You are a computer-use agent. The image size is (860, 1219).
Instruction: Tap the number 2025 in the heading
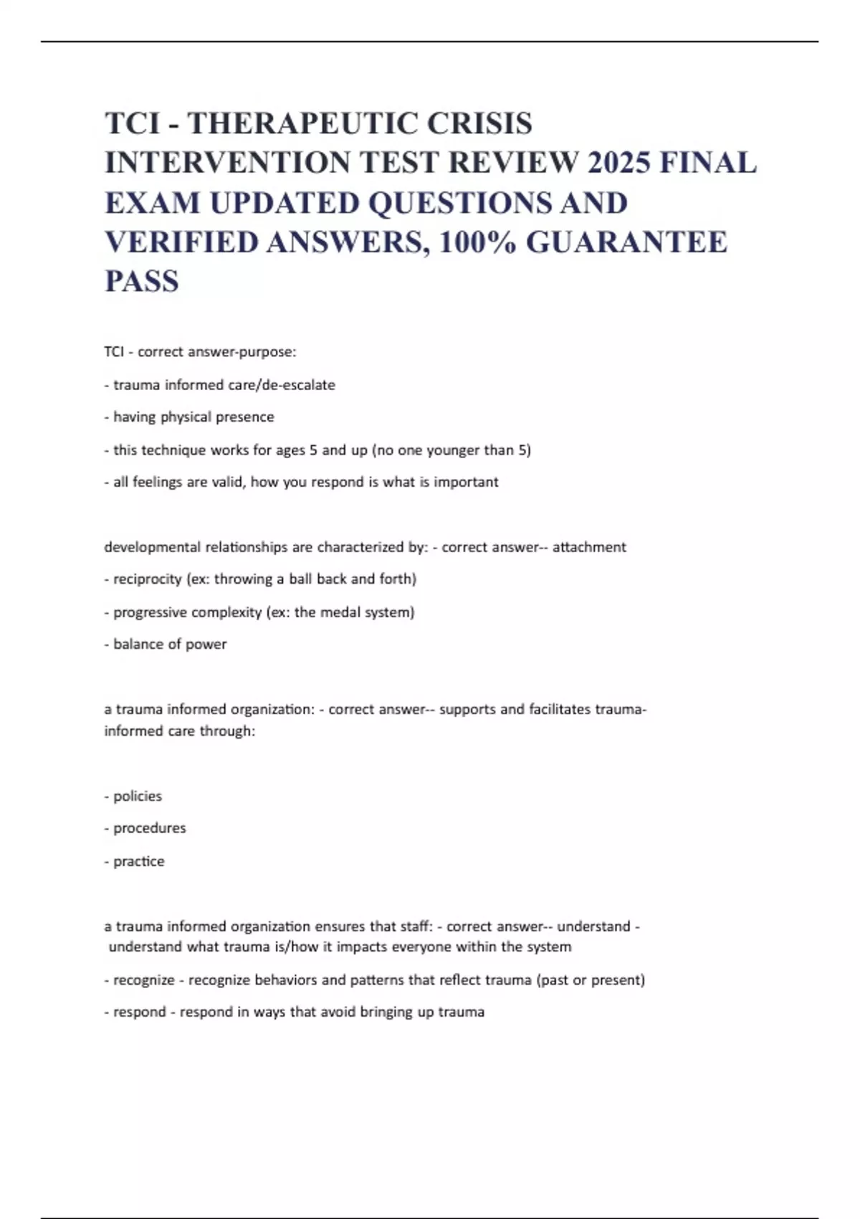[x=618, y=163]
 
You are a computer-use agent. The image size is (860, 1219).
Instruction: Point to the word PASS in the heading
[x=142, y=281]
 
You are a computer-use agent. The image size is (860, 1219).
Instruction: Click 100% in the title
[x=478, y=242]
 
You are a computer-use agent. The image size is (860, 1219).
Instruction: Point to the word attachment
[x=589, y=547]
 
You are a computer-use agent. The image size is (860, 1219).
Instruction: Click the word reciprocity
[x=147, y=579]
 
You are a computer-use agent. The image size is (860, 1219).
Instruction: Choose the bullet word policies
[x=138, y=796]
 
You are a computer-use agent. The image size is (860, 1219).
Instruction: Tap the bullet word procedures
[x=149, y=828]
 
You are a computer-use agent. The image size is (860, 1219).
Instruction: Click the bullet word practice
[x=138, y=861]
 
